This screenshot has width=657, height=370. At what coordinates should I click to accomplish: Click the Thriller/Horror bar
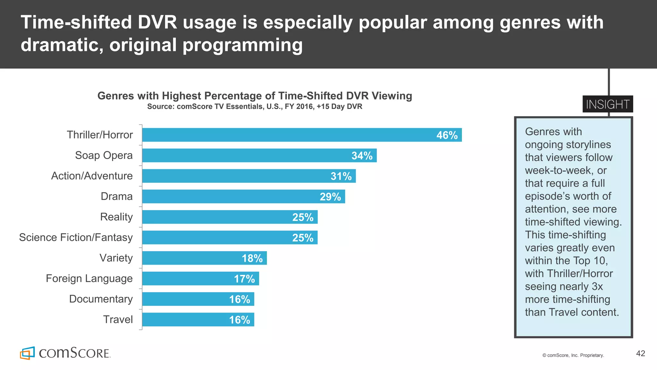(289, 135)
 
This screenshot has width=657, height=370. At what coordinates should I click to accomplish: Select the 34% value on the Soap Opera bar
(362, 156)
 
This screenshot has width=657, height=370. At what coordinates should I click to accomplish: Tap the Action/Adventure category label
(92, 176)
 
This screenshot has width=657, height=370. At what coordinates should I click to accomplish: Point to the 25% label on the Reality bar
(303, 217)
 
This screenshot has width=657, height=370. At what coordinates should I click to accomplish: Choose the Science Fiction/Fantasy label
(76, 238)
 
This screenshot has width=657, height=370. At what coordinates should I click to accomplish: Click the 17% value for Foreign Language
(244, 279)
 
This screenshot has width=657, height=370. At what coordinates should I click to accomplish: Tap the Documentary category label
(101, 299)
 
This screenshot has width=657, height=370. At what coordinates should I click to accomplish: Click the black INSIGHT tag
(608, 104)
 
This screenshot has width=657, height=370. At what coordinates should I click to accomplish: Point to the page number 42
(640, 354)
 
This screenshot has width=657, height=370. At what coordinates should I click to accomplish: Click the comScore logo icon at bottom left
(27, 353)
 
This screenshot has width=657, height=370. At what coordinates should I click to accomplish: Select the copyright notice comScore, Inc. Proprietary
(573, 355)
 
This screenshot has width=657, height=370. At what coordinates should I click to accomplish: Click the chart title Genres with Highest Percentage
(255, 96)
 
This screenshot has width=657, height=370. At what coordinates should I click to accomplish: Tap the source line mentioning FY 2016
(255, 107)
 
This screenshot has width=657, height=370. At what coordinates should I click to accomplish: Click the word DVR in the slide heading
(158, 22)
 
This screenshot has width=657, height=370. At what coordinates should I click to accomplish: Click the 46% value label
(447, 135)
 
